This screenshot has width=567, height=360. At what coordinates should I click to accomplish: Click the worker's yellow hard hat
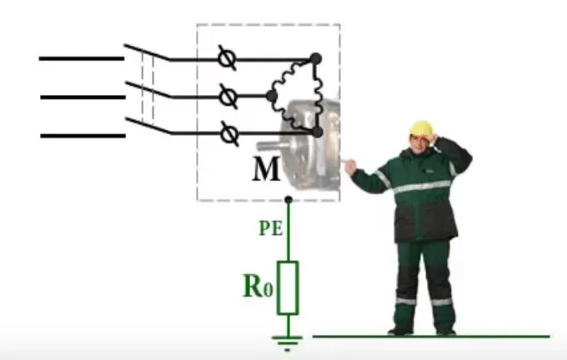pyautogui.click(x=422, y=128)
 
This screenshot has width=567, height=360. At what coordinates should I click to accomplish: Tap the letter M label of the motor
pyautogui.click(x=266, y=170)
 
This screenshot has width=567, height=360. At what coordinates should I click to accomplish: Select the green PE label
pyautogui.click(x=270, y=229)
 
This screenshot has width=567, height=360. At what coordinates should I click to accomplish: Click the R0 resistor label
pyautogui.click(x=258, y=286)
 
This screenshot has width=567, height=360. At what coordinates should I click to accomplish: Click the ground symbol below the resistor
pyautogui.click(x=288, y=339)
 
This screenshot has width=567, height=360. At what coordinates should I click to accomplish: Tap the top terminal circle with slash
pyautogui.click(x=224, y=59)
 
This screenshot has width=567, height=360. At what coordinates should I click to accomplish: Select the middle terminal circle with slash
pyautogui.click(x=226, y=96)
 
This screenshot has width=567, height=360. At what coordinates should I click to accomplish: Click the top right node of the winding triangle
pyautogui.click(x=316, y=58)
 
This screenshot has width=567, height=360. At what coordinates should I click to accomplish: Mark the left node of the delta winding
pyautogui.click(x=271, y=96)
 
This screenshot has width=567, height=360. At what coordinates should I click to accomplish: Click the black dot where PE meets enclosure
pyautogui.click(x=288, y=200)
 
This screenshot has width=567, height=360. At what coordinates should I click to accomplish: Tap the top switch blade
pyautogui.click(x=146, y=52)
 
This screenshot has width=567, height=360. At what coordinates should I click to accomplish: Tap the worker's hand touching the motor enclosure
pyautogui.click(x=349, y=167)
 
